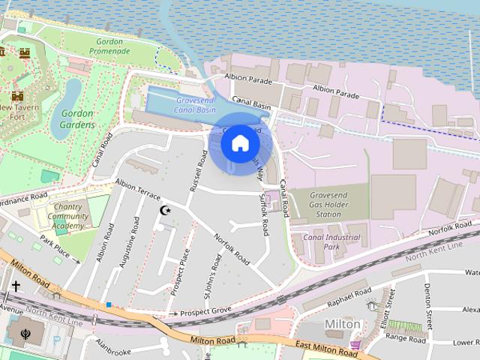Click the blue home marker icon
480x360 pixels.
tap(239, 142)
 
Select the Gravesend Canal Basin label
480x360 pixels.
tap(196, 105)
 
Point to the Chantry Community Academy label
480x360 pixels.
tap(68, 216)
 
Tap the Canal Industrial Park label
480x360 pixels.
tap(331, 241)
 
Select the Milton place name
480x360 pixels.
tap(342, 324)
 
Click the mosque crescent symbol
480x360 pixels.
tap(166, 211)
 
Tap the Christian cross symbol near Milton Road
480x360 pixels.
tap(16, 286)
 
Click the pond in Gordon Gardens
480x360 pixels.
tap(73, 97)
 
